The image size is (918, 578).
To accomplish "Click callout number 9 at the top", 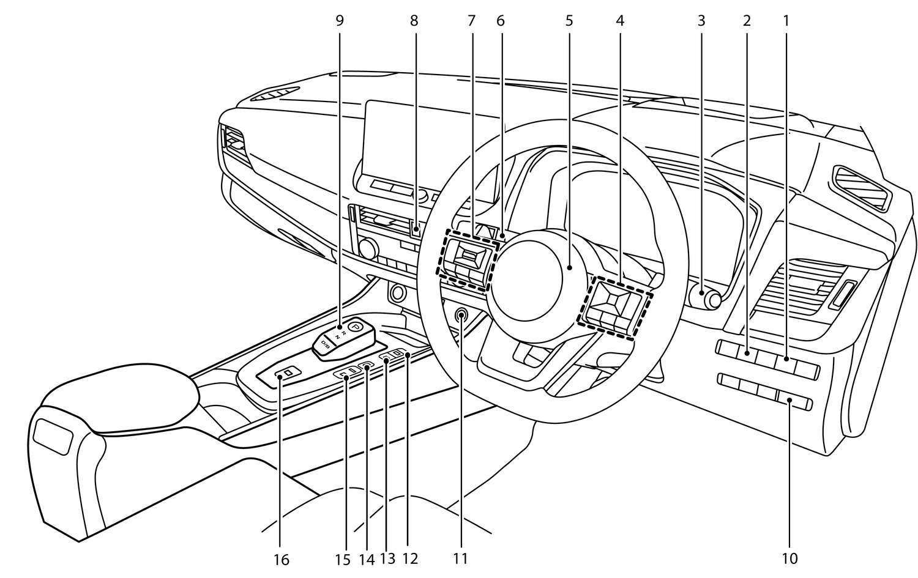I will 340,21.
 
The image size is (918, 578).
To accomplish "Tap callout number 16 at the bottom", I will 282,559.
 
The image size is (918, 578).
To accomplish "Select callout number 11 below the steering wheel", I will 460,558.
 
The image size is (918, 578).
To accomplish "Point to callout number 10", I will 789,558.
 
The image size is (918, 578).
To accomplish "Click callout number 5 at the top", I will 569,21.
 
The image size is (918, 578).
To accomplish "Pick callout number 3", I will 701,21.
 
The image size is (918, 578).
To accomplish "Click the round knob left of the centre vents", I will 368,247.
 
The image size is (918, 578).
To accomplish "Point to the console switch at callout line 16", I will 286,372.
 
